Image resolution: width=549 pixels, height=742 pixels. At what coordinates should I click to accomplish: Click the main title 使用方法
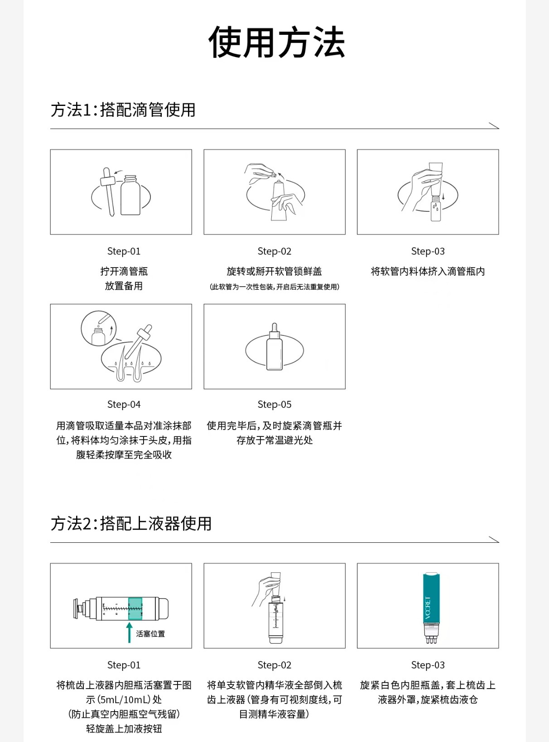[276, 43]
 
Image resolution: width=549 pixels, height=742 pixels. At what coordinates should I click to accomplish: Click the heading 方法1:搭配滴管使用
[123, 110]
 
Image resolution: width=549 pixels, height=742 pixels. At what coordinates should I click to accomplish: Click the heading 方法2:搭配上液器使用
[131, 524]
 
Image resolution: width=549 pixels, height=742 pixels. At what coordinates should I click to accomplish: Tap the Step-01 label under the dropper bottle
[124, 251]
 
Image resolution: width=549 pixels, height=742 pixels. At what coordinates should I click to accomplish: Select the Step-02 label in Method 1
[274, 251]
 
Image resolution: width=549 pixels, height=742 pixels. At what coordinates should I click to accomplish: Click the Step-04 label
[124, 404]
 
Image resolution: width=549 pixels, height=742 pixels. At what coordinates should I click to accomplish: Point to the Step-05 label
[274, 404]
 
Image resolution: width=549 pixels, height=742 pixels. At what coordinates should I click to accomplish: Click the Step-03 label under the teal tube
[428, 665]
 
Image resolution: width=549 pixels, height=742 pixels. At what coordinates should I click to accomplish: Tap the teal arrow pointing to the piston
[129, 632]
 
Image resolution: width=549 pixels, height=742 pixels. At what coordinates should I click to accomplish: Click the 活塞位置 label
[150, 634]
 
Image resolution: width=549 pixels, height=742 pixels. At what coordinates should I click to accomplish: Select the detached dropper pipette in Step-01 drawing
[108, 191]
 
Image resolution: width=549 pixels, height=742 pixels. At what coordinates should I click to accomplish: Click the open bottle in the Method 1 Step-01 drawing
[130, 196]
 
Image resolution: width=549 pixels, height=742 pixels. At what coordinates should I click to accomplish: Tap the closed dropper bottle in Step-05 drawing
[274, 348]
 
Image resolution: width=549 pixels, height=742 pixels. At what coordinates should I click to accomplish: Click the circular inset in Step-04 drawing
[99, 328]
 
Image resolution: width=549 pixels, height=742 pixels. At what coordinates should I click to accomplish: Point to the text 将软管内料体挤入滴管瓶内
[428, 272]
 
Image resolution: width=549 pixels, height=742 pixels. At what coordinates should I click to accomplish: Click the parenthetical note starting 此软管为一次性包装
[274, 287]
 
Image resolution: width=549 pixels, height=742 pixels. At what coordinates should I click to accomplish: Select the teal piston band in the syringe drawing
[135, 608]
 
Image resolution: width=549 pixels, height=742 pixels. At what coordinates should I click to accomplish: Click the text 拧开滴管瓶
[124, 272]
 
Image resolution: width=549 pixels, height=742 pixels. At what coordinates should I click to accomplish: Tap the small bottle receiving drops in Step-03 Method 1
[435, 208]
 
